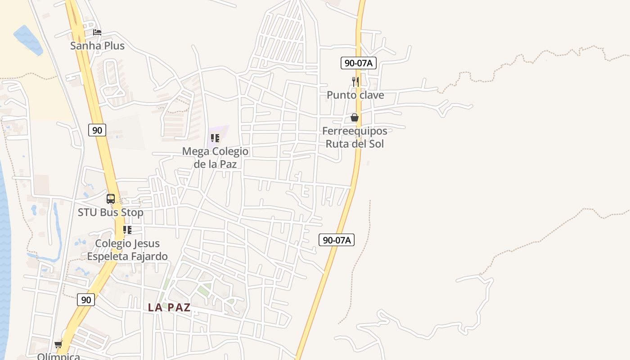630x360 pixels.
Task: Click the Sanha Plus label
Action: (x=97, y=45)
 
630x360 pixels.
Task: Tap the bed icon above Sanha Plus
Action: (x=97, y=32)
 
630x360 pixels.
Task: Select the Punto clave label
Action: (x=355, y=95)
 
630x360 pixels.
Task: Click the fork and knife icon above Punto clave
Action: (x=355, y=81)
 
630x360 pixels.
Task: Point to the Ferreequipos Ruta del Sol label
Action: (x=355, y=137)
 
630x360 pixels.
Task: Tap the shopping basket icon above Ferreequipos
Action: (x=355, y=117)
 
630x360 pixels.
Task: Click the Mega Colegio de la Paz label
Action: (x=215, y=157)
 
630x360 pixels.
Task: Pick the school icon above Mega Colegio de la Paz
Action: (x=215, y=138)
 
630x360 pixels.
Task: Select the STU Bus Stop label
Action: (x=111, y=212)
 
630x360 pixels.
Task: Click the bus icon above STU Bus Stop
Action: (x=111, y=198)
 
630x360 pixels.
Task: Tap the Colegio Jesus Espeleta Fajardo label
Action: (x=127, y=250)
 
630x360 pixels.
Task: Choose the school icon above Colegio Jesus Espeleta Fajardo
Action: (x=127, y=230)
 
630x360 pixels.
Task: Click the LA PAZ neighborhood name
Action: (x=169, y=308)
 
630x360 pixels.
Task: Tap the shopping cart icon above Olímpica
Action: (x=58, y=345)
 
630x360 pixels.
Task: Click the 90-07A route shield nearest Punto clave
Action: (x=358, y=63)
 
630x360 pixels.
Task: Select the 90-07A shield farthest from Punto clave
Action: (x=337, y=240)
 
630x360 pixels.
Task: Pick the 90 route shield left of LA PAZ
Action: (x=85, y=299)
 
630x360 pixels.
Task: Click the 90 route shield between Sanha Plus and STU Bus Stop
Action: (x=97, y=130)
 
